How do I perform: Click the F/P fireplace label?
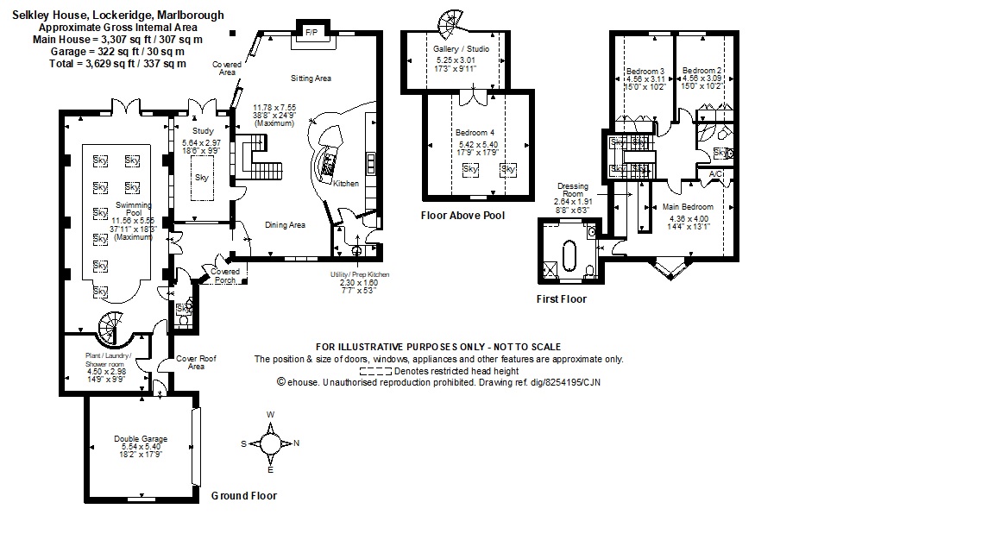(x=311, y=33)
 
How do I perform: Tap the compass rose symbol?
(x=270, y=443)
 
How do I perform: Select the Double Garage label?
(x=141, y=439)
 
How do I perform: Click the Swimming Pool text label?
(x=134, y=210)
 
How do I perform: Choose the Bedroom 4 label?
(x=473, y=133)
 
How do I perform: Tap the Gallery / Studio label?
(x=462, y=49)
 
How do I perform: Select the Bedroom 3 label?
(x=645, y=71)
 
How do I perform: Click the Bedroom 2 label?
(x=701, y=71)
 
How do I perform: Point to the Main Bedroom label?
(x=688, y=207)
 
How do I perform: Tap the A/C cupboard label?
(x=715, y=174)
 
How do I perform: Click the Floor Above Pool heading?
(x=462, y=216)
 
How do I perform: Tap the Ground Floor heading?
(x=244, y=496)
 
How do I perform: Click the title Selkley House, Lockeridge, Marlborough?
(x=118, y=15)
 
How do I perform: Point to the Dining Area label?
(x=285, y=225)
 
